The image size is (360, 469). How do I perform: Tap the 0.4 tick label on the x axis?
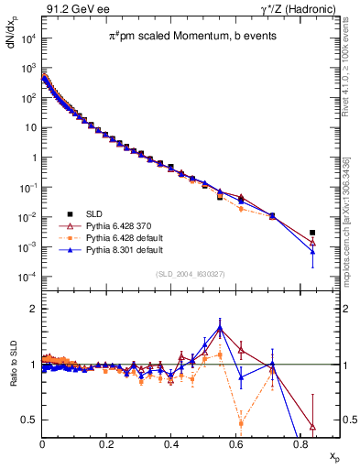pos(171,442)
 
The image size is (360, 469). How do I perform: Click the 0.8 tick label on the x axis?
pos(300,442)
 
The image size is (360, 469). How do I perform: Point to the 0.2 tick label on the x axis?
pos(107,442)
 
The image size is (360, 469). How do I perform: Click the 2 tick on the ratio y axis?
pos(35,309)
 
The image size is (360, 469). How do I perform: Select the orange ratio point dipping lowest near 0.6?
pos(241,423)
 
